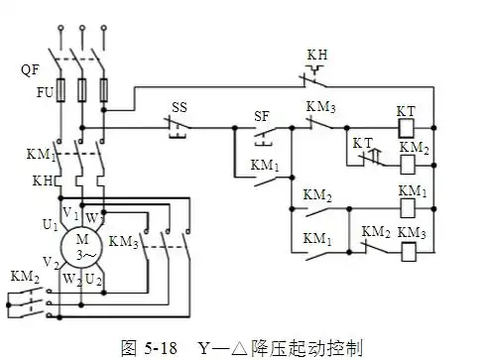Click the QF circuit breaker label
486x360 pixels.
pos(29,70)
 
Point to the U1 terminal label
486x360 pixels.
pos(49,226)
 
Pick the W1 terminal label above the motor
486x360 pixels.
pos(93,215)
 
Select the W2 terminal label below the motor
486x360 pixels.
pos(70,282)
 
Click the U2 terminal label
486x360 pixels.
pos(94,282)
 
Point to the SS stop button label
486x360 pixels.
pos(180,106)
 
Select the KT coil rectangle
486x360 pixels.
pos(406,129)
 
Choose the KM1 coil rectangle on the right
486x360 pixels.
pos(407,208)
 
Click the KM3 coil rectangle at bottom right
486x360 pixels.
pos(407,250)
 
